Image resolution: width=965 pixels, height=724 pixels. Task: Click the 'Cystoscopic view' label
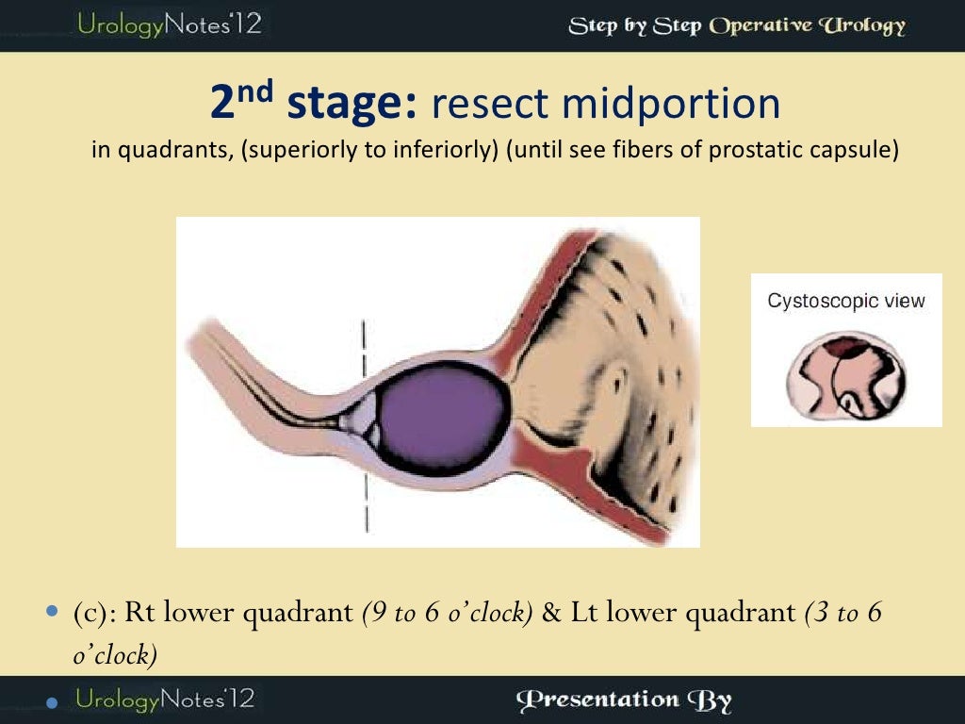(846, 302)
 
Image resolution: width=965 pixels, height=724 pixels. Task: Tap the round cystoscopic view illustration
(846, 375)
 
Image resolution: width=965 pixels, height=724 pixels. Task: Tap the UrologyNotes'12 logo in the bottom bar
(164, 699)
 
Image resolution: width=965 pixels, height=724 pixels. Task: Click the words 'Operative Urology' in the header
(807, 25)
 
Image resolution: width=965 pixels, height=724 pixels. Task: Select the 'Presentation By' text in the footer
(625, 699)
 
